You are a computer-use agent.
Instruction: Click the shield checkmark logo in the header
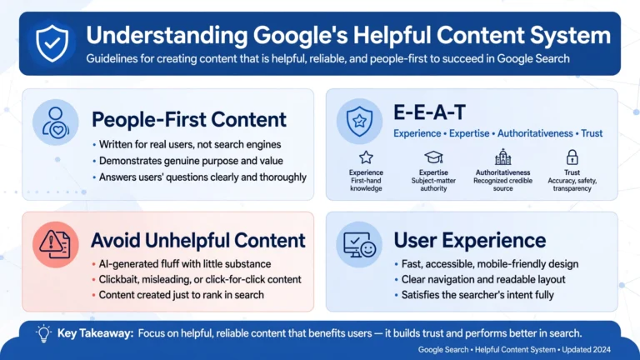[52, 42]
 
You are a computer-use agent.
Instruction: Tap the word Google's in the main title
[300, 36]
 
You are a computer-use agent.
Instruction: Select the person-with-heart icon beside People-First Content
[56, 122]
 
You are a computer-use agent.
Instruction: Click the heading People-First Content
[189, 120]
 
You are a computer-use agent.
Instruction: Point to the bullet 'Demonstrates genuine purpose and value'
[191, 161]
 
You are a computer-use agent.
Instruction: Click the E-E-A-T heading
[429, 112]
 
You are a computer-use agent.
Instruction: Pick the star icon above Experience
[366, 157]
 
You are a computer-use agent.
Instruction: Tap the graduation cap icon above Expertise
[433, 157]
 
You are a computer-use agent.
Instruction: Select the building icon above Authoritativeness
[502, 157]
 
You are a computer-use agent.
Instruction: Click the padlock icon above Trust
[572, 157]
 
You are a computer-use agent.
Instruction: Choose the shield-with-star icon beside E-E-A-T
[359, 121]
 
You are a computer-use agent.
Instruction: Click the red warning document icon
[55, 244]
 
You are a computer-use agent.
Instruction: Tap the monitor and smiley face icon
[359, 245]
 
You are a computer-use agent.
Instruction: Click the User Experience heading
[470, 240]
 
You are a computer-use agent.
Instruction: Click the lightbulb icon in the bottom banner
[43, 333]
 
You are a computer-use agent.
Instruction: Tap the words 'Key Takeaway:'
[96, 333]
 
